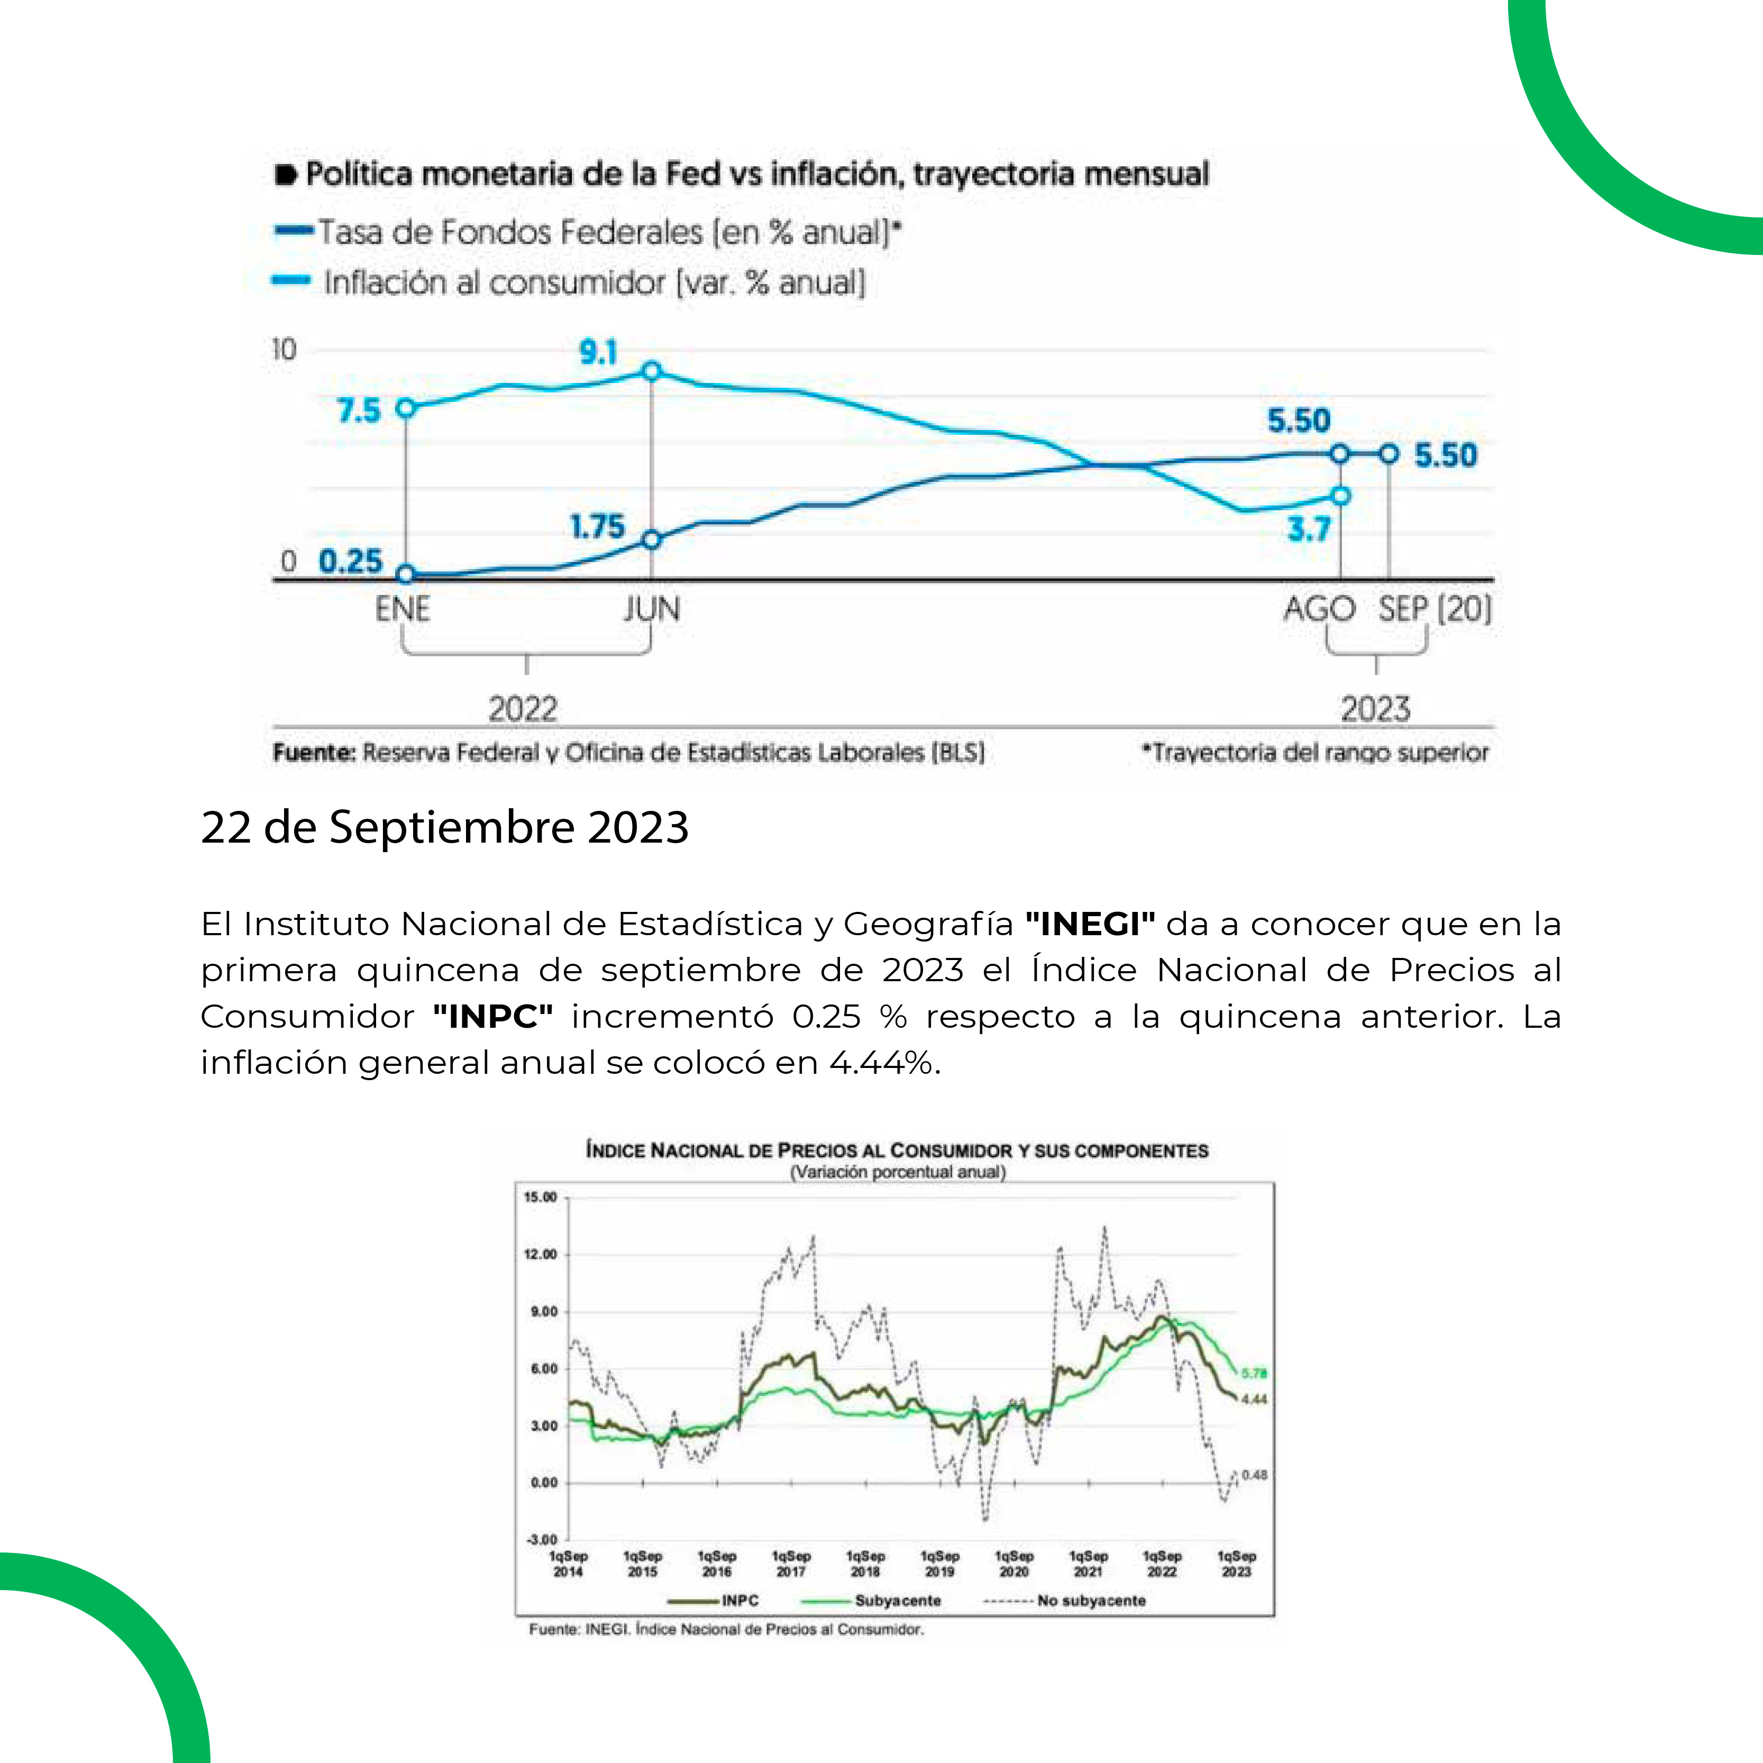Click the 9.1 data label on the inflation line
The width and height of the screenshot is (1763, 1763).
(x=599, y=352)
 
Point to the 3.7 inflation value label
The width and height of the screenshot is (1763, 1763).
(x=1309, y=529)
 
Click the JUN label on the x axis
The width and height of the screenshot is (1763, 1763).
(x=652, y=609)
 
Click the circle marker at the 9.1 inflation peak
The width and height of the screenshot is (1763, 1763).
(x=652, y=370)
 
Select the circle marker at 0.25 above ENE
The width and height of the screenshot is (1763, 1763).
(x=406, y=574)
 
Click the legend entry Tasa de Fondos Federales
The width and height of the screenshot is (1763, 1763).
(x=602, y=232)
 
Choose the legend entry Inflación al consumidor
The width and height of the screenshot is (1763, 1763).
(x=593, y=283)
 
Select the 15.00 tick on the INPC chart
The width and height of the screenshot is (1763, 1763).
(x=540, y=1197)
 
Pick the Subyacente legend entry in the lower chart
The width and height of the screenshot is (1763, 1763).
(x=897, y=1601)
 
